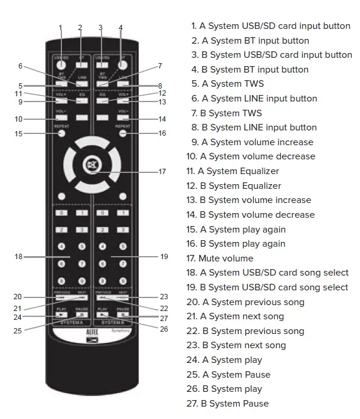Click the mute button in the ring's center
[91, 164]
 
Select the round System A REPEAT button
[61, 133]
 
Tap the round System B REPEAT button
[123, 133]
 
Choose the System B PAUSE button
[123, 315]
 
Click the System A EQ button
[82, 100]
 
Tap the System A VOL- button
[61, 118]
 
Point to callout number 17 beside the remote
[162, 172]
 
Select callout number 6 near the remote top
[20, 66]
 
